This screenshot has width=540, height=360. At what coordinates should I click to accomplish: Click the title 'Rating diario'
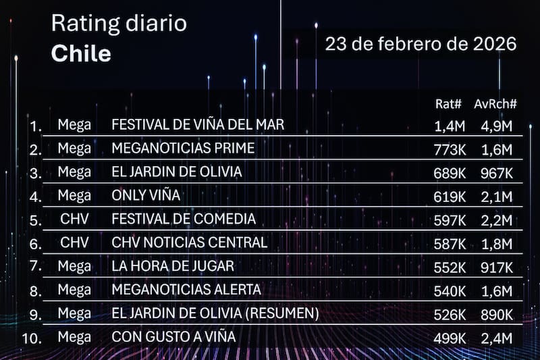point(119,24)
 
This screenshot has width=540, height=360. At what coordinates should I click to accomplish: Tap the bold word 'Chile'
point(81,53)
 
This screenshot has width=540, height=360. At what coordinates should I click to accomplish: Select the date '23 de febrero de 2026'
point(421,45)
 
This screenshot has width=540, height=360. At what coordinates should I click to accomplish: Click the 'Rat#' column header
point(449,104)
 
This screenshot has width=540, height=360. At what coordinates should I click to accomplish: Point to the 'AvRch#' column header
point(495,104)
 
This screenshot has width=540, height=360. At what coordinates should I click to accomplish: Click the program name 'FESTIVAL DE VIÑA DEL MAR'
point(198,125)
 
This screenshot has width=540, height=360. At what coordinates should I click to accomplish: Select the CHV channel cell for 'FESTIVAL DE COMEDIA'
point(74,219)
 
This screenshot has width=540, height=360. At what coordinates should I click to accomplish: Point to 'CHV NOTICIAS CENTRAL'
point(189,242)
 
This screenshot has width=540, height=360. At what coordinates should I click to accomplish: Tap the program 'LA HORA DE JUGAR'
point(173,265)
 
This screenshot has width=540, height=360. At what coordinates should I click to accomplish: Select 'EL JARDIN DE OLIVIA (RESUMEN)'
point(215,313)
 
